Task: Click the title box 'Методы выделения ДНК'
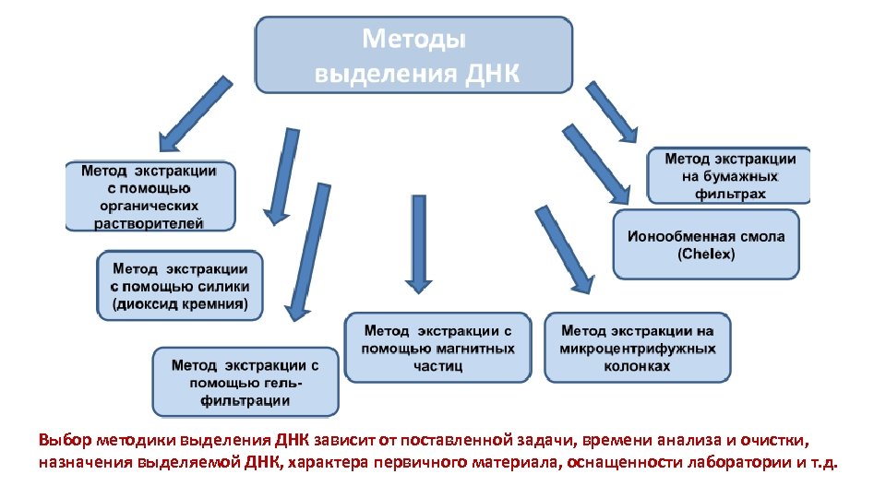coord(413,54)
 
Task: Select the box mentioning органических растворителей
coord(150,196)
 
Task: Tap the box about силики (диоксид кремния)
coord(180,286)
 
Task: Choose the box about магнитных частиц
coord(437,348)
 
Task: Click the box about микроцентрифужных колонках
coord(638,348)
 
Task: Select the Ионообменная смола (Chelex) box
coord(706,244)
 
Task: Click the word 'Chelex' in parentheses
coord(707,254)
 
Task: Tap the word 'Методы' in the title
coord(413,40)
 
